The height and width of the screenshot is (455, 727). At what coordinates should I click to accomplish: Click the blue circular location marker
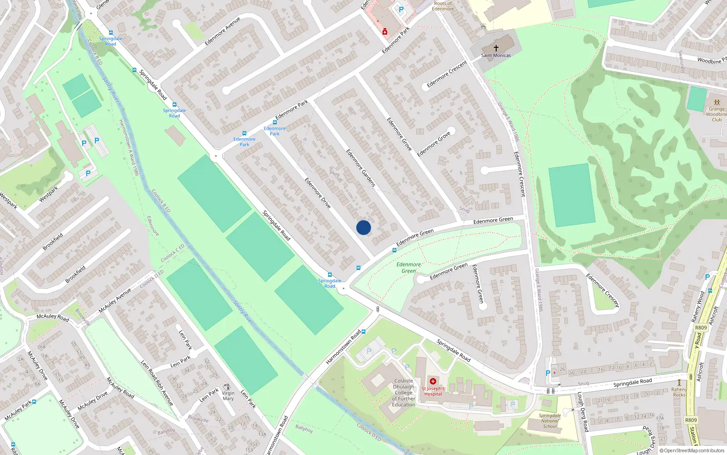click(363, 227)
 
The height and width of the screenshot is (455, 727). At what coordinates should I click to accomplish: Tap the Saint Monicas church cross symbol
click(496, 48)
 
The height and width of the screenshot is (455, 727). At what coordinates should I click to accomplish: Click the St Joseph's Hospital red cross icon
click(433, 381)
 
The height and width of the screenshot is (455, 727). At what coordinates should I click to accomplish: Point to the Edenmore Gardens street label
click(361, 168)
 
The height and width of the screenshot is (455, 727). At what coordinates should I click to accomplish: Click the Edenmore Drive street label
click(318, 193)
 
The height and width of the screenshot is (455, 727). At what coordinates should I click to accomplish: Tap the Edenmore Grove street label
click(399, 134)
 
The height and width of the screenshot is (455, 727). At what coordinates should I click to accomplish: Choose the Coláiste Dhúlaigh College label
click(403, 393)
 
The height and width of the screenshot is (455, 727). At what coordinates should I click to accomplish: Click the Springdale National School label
click(550, 421)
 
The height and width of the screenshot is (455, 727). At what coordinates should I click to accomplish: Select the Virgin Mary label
click(228, 396)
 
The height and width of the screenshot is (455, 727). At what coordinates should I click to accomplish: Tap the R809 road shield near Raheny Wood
click(701, 328)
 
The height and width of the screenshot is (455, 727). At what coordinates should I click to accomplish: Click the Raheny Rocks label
click(679, 392)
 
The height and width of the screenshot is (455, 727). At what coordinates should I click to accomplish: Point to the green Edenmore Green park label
click(408, 268)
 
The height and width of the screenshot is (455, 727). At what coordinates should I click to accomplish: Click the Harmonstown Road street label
click(344, 347)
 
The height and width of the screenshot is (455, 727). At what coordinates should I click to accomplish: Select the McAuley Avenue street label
click(115, 300)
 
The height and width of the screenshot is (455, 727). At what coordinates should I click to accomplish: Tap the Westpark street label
click(49, 194)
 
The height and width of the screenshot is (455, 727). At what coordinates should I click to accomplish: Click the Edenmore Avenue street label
click(222, 31)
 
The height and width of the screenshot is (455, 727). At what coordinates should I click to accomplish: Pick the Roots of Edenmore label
click(443, 6)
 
